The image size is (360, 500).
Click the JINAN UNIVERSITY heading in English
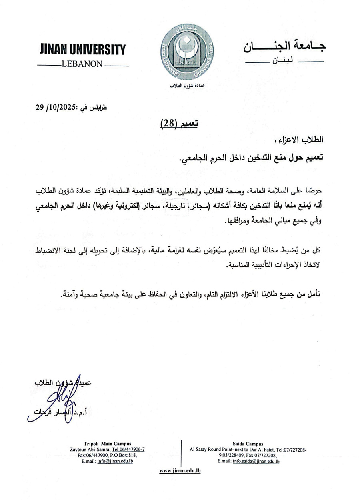tap(83, 50)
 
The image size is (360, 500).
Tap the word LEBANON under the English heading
tap(82, 64)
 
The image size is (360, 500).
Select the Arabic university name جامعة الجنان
tap(284, 46)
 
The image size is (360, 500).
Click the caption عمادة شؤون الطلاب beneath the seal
tap(187, 86)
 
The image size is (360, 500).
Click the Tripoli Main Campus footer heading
tap(105, 444)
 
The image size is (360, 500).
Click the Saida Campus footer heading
tap(248, 444)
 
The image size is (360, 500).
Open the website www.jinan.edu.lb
tap(180, 471)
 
